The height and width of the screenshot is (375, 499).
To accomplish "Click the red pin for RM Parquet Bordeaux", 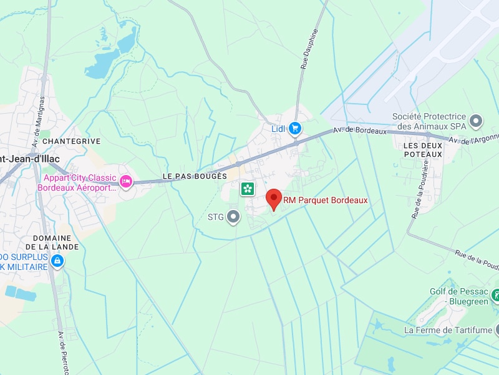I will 273,199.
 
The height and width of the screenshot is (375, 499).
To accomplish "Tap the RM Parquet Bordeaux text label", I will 326,201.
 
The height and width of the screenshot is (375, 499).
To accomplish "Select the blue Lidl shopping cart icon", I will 295,129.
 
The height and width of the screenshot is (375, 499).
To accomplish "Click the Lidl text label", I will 278,129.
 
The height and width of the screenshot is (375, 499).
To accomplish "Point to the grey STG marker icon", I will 234,217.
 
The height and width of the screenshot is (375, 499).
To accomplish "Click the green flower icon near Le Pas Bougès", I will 248,188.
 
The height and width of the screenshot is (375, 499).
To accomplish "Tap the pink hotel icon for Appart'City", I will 126,182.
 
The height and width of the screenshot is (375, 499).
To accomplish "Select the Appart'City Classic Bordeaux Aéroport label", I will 77,182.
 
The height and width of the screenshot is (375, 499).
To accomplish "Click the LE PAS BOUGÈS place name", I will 195,177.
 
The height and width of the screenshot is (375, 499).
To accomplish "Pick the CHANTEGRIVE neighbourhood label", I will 71,141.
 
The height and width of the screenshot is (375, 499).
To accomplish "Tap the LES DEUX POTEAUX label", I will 423,149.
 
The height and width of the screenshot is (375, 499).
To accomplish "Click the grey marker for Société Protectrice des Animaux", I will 477,121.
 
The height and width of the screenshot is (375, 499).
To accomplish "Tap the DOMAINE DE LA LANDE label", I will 56,242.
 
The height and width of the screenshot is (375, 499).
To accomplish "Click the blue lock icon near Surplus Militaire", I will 57,261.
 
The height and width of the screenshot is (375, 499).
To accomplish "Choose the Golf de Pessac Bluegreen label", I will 459,296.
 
